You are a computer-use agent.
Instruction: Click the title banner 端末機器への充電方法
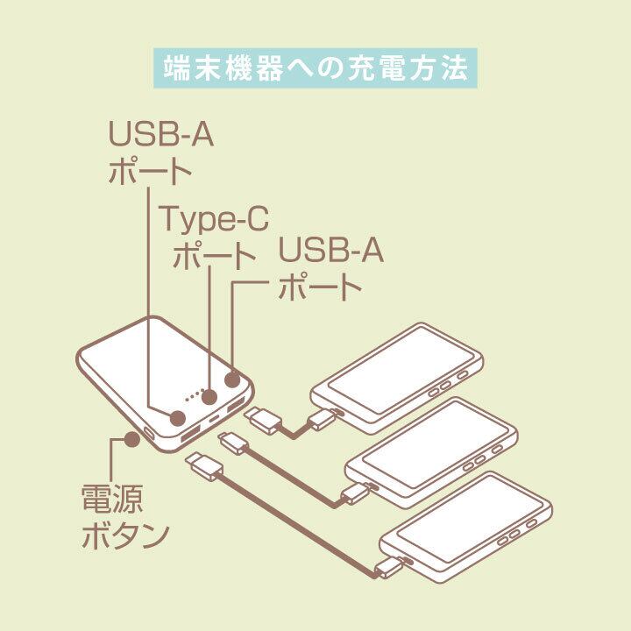point(315,67)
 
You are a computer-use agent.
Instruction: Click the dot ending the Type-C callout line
point(209,397)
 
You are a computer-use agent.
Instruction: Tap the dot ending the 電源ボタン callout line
point(131,437)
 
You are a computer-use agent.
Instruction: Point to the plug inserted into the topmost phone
point(323,418)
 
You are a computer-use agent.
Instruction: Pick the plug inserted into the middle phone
point(356,493)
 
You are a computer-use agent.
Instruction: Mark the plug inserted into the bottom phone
point(390,567)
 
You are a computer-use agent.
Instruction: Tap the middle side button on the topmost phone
point(446,383)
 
